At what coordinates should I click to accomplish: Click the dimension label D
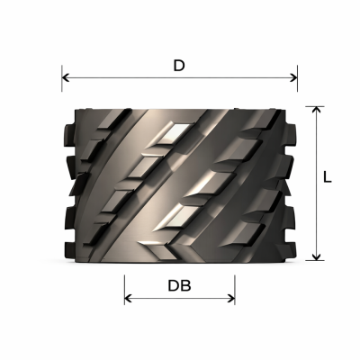(179, 66)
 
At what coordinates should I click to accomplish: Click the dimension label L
(328, 177)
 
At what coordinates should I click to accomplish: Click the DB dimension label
(179, 286)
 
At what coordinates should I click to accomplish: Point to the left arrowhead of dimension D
(66, 78)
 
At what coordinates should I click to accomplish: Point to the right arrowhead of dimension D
(293, 78)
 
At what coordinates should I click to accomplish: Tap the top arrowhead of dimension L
(316, 111)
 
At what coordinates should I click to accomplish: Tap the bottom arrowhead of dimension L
(316, 256)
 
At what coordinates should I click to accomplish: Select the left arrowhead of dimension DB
(129, 299)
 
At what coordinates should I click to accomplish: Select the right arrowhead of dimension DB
(230, 299)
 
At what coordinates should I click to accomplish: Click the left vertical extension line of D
(62, 78)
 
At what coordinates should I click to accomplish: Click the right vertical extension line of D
(297, 78)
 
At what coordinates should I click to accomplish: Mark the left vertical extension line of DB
(124, 290)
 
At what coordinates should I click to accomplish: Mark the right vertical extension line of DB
(235, 290)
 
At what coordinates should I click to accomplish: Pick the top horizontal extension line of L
(315, 106)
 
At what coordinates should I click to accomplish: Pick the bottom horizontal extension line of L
(315, 260)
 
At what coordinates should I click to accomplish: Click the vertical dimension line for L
(316, 184)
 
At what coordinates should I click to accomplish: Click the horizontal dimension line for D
(179, 78)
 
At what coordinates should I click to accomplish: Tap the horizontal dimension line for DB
(180, 299)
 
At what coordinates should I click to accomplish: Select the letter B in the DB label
(186, 286)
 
